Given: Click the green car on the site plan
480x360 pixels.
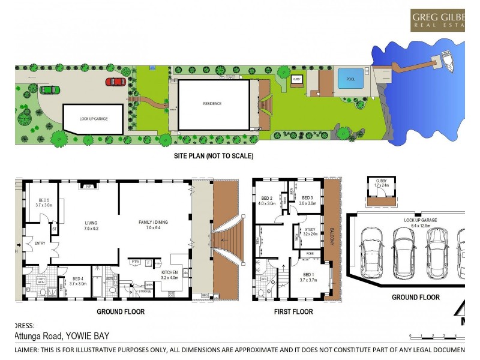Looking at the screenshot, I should click(50, 90).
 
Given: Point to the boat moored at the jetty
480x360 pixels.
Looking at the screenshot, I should click(447, 58).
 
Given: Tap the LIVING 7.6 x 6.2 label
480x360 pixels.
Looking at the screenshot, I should click(91, 226).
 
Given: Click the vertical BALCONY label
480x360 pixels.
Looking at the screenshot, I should click(331, 232).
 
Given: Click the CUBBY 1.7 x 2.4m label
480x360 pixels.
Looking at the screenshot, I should click(380, 182).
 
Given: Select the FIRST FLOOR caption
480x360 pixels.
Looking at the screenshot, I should click(293, 312).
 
